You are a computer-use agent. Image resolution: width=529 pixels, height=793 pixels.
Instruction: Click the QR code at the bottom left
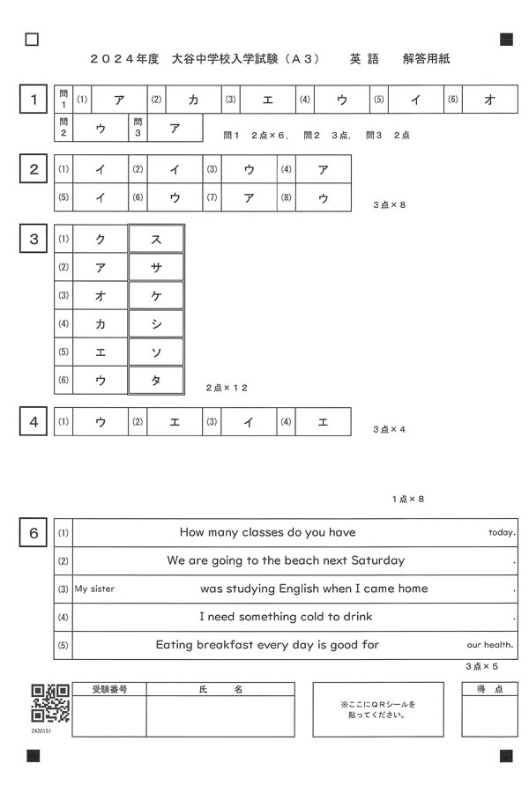[x=50, y=703]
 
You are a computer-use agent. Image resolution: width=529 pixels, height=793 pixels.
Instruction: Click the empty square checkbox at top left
[x=33, y=39]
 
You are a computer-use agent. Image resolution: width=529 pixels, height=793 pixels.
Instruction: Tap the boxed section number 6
[x=34, y=533]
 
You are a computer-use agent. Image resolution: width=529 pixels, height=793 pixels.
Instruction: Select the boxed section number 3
[x=34, y=239]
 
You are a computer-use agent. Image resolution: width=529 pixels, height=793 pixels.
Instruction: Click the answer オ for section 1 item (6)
[x=490, y=100]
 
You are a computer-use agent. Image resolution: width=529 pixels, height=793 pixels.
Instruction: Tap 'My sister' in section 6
[x=94, y=589]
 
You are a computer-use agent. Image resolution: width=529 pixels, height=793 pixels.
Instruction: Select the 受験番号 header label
[x=109, y=689]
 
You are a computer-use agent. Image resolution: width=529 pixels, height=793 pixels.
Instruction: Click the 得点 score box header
[x=490, y=689]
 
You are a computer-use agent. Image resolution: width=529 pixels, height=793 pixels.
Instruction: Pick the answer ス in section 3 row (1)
[x=156, y=239]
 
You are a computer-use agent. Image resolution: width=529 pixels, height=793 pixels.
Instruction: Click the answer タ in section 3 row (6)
[x=156, y=380]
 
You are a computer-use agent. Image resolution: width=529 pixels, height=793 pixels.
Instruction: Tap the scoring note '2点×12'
[x=227, y=388]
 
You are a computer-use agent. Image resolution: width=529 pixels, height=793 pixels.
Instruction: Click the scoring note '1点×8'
[x=408, y=500]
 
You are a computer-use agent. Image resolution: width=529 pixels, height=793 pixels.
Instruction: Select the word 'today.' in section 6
[x=501, y=533]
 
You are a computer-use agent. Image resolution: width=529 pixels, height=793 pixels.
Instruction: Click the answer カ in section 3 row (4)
[x=101, y=323]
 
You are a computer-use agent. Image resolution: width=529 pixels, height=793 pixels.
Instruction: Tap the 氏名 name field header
[x=220, y=689]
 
